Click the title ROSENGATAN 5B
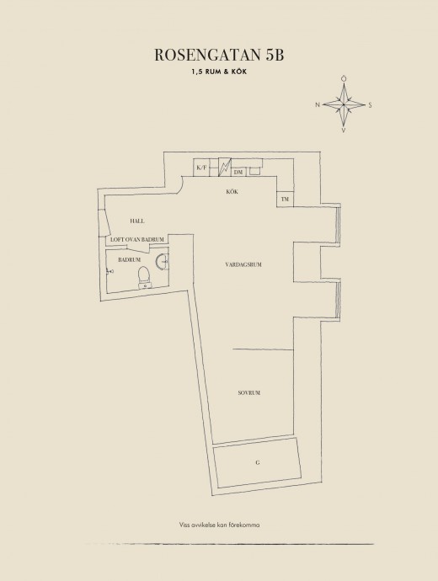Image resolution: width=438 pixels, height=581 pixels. click(x=219, y=55)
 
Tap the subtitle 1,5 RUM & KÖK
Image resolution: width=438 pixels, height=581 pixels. click(x=219, y=72)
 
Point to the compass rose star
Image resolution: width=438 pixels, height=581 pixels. click(x=344, y=105)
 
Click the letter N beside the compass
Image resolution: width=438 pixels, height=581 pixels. click(x=318, y=105)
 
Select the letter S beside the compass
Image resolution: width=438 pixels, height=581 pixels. click(x=370, y=105)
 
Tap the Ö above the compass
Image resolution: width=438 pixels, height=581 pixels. click(x=344, y=78)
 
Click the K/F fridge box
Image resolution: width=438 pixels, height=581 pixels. click(x=201, y=168)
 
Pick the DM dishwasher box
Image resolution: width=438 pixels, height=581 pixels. click(x=238, y=172)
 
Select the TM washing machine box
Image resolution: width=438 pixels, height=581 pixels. click(x=285, y=200)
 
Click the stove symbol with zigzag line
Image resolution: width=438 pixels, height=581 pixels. click(x=225, y=167)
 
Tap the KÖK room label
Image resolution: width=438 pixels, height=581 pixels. click(x=232, y=192)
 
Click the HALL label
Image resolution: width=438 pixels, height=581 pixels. click(x=137, y=221)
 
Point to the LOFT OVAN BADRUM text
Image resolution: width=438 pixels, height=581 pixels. click(x=137, y=240)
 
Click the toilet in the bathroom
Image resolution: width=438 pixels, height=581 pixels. click(x=144, y=277)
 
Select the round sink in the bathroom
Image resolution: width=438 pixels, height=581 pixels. click(x=162, y=260)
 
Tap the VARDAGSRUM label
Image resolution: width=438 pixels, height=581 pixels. click(x=243, y=264)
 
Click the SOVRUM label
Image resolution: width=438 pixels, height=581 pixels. click(x=249, y=392)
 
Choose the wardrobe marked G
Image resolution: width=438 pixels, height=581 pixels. click(x=258, y=462)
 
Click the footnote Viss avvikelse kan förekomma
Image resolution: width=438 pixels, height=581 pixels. click(x=219, y=525)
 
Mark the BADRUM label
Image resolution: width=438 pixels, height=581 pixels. click(x=130, y=260)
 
